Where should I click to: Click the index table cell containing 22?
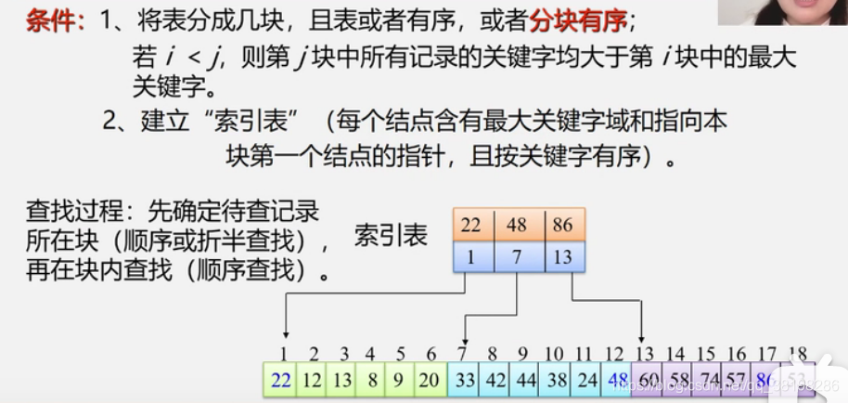pyautogui.click(x=472, y=226)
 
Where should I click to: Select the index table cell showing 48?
pyautogui.click(x=517, y=226)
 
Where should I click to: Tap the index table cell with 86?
pyautogui.click(x=561, y=226)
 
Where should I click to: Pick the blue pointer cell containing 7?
pyautogui.click(x=517, y=257)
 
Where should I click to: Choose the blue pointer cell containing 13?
pyautogui.click(x=561, y=257)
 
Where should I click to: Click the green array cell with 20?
pyautogui.click(x=430, y=380)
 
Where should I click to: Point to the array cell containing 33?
pyautogui.click(x=463, y=380)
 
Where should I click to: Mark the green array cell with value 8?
pyautogui.click(x=370, y=380)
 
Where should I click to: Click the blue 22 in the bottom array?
pyautogui.click(x=281, y=380)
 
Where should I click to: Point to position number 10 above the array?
pyautogui.click(x=554, y=354)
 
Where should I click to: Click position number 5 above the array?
pyautogui.click(x=400, y=354)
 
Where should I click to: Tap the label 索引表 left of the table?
pyautogui.click(x=391, y=235)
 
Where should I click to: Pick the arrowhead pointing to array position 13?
pyautogui.click(x=642, y=335)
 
